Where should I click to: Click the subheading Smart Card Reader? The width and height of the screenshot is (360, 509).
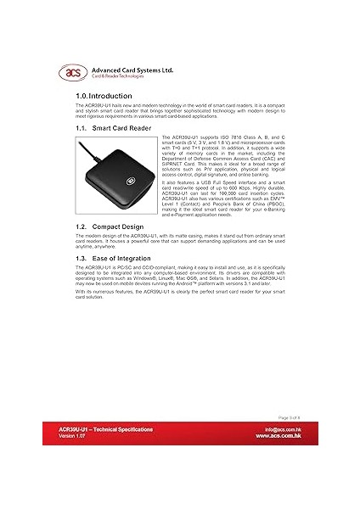tap(127, 127)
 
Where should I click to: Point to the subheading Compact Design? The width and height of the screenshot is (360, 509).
tap(124, 228)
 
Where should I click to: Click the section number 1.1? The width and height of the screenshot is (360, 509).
tap(82, 127)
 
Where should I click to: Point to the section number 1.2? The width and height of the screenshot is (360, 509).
tap(82, 228)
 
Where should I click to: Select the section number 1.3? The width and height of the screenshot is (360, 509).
tap(82, 257)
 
